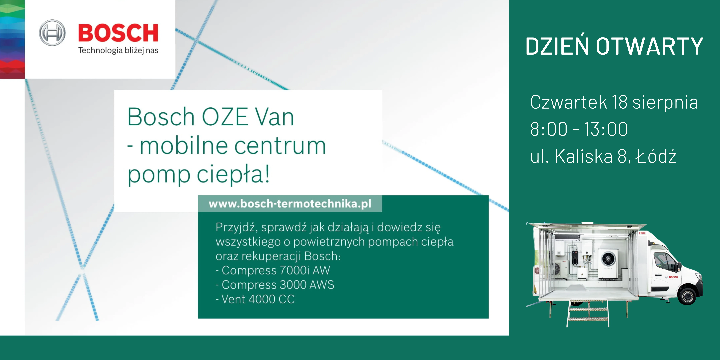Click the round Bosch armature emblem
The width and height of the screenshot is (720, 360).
(x=52, y=33)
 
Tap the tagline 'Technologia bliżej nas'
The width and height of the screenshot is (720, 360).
(x=118, y=50)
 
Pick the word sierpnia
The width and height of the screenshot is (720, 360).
(x=665, y=102)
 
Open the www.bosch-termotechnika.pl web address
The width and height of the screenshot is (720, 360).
(x=290, y=203)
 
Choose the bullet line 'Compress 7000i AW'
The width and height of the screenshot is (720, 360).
(x=273, y=270)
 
